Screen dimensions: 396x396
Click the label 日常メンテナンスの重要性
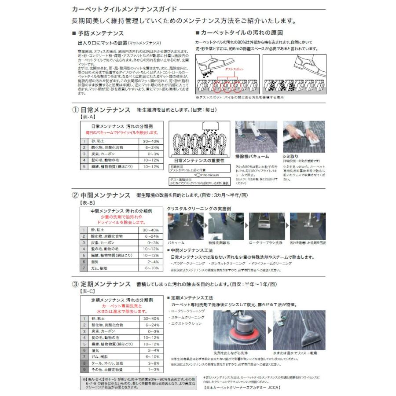199,161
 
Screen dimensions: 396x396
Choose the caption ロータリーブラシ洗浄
265,242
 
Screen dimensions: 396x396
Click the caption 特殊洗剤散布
219,242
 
